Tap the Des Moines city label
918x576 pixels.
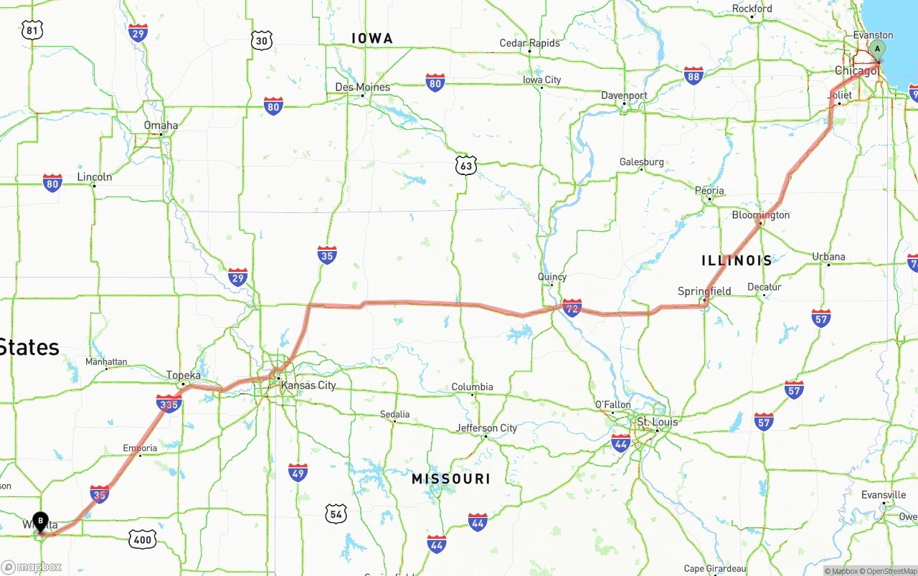[x=363, y=88]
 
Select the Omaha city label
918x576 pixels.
[x=161, y=126]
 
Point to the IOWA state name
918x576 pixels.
[x=372, y=38]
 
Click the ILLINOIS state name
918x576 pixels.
[x=737, y=260]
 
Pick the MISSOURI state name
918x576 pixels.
[x=451, y=478]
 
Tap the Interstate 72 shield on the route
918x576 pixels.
[x=572, y=308]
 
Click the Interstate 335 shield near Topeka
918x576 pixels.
[x=169, y=404]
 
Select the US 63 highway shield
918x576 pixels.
[x=466, y=166]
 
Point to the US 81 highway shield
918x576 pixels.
[x=32, y=29]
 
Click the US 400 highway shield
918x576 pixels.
[x=142, y=539]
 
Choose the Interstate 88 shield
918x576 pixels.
[x=694, y=75]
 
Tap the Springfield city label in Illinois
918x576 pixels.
[x=704, y=291]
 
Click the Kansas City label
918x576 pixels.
[x=308, y=385]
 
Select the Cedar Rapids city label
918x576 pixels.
[x=529, y=43]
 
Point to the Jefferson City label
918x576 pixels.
[x=486, y=428]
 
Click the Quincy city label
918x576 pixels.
[x=552, y=277]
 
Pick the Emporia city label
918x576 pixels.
[x=140, y=448]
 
